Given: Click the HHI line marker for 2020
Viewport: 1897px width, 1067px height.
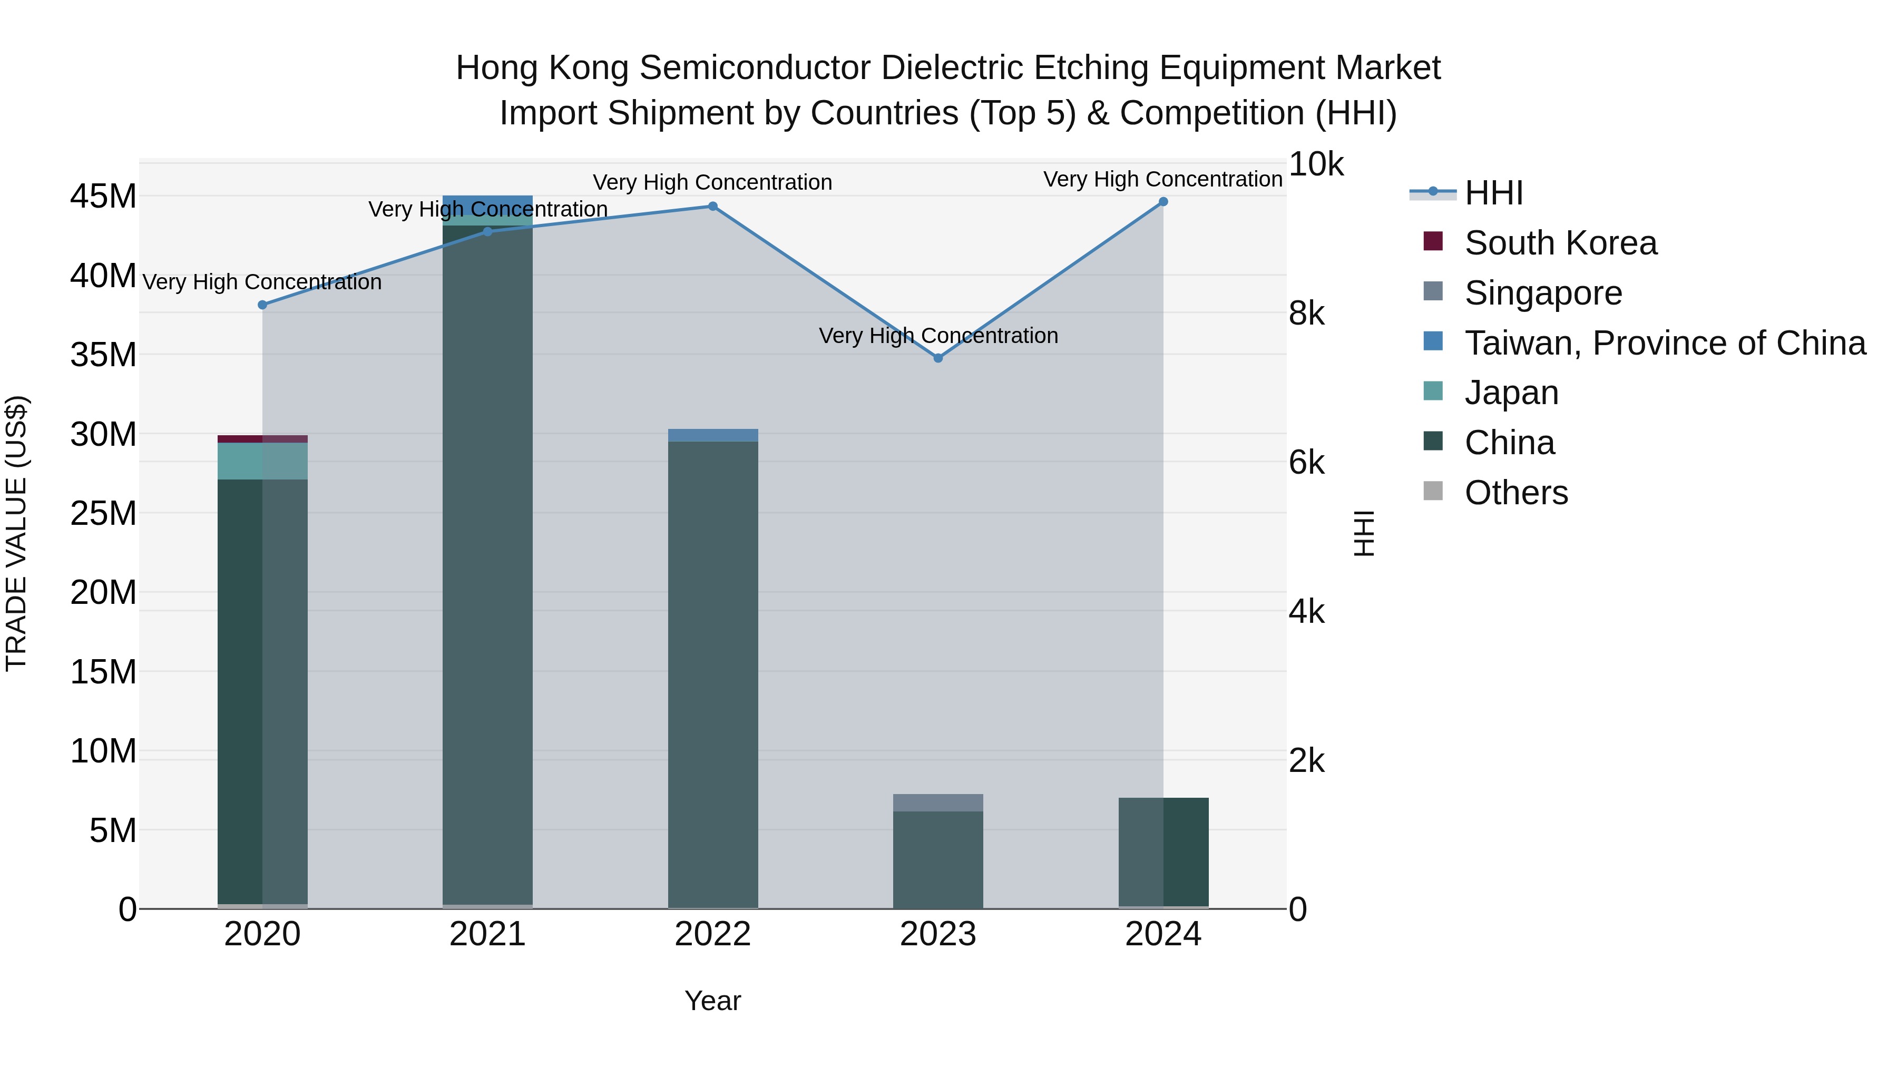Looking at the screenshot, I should pyautogui.click(x=262, y=305).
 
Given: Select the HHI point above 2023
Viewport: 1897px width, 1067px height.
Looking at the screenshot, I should pyautogui.click(x=937, y=358).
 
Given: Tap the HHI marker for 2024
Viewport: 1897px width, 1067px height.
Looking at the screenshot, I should pyautogui.click(x=1163, y=202).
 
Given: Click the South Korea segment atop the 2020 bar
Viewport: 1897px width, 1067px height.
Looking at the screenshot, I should pyautogui.click(x=262, y=439).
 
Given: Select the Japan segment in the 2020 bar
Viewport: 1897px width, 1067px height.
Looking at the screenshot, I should pyautogui.click(x=262, y=461).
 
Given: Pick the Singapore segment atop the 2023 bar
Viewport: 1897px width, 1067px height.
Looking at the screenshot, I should pyautogui.click(x=937, y=802).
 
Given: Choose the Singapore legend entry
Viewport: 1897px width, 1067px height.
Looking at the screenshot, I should pyautogui.click(x=1543, y=293).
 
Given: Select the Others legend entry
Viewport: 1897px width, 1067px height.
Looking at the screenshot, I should pyautogui.click(x=1515, y=493).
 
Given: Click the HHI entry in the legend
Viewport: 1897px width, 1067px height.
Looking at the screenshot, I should pyautogui.click(x=1493, y=193).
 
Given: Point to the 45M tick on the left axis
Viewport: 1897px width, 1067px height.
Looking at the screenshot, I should pyautogui.click(x=103, y=197).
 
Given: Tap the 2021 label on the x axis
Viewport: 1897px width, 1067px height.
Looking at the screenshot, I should pyautogui.click(x=487, y=934).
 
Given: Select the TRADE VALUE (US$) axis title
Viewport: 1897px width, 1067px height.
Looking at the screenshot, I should pyautogui.click(x=16, y=533).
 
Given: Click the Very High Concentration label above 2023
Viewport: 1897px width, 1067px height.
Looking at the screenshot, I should pyautogui.click(x=937, y=336).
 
